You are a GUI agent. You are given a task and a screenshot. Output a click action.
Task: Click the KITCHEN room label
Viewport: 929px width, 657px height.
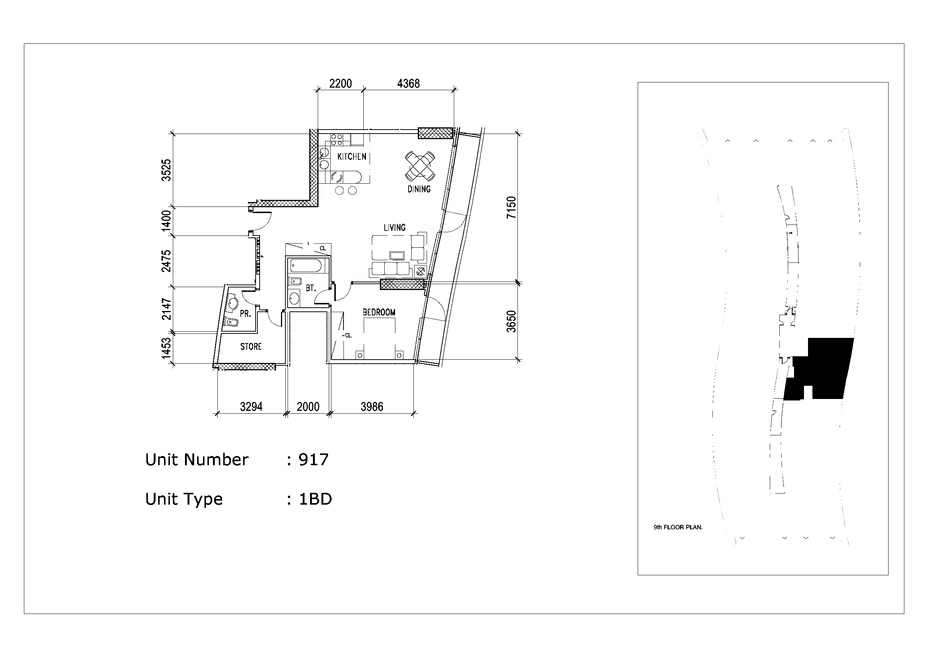click(x=352, y=157)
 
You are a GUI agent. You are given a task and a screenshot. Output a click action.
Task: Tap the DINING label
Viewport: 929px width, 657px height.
click(x=419, y=189)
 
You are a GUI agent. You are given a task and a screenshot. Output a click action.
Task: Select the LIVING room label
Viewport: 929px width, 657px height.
click(x=395, y=227)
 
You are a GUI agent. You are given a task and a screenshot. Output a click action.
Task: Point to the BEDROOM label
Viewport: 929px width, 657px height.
click(x=379, y=312)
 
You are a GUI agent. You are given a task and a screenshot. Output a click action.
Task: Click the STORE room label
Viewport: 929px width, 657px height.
click(x=251, y=347)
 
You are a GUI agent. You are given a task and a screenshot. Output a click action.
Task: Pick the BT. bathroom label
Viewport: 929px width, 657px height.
click(x=311, y=289)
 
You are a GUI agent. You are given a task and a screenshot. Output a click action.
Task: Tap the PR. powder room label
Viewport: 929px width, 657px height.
click(x=246, y=314)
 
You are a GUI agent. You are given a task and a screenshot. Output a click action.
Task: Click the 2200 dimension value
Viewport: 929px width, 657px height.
click(x=340, y=84)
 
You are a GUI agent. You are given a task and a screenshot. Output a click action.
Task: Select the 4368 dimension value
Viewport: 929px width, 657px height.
click(x=408, y=84)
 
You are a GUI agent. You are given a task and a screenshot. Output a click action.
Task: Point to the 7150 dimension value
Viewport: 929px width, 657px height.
click(x=512, y=207)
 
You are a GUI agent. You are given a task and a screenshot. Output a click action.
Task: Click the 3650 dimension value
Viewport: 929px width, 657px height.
click(x=512, y=322)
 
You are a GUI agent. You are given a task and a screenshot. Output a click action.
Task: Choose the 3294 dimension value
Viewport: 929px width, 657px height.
click(x=251, y=407)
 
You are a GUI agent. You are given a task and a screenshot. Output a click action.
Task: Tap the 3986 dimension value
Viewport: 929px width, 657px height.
click(x=372, y=407)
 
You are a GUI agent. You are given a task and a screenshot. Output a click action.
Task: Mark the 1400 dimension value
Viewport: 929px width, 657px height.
click(x=166, y=221)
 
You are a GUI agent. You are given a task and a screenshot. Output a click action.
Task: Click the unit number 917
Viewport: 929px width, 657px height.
click(x=314, y=460)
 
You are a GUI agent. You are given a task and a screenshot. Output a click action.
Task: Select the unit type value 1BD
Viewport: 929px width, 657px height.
click(x=315, y=499)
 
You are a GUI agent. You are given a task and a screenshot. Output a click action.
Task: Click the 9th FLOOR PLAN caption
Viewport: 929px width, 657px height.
click(x=678, y=527)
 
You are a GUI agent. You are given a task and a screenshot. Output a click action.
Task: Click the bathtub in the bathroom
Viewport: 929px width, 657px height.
click(x=306, y=266)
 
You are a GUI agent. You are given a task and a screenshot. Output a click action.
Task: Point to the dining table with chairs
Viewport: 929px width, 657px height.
click(x=420, y=166)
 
